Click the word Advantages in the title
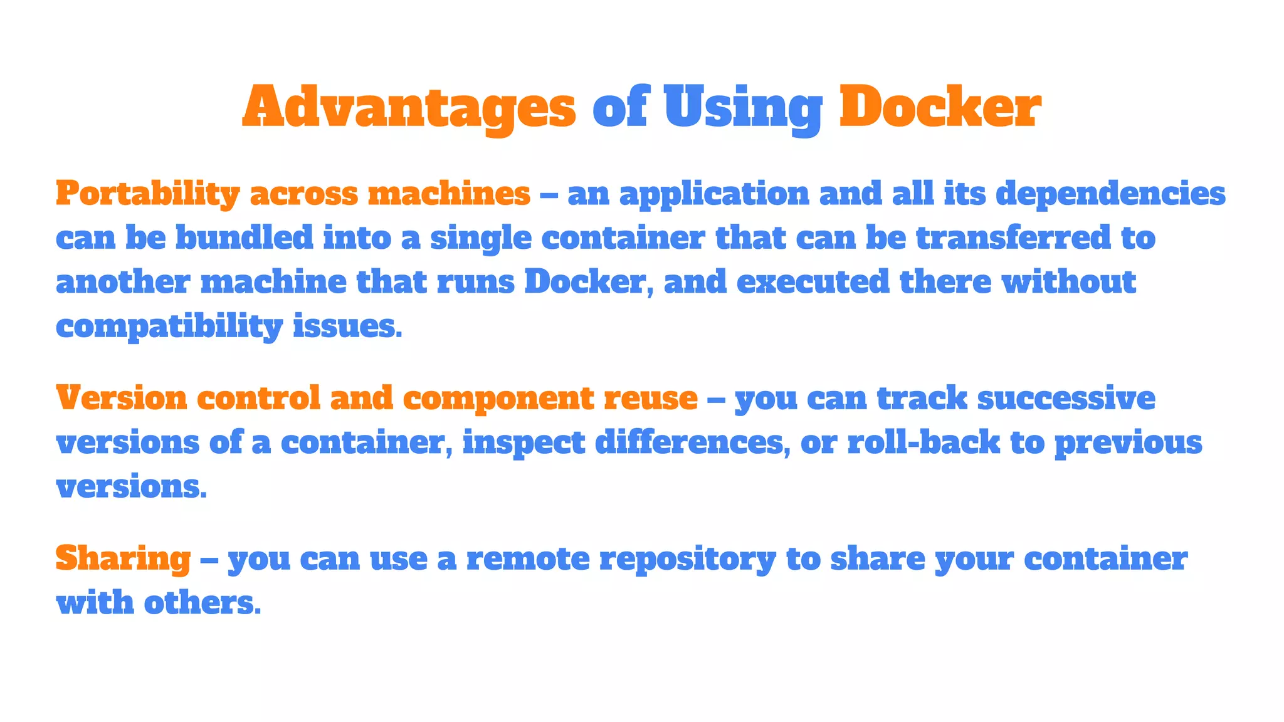[409, 107]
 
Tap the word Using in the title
[743, 107]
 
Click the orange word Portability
[147, 194]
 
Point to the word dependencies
[1110, 194]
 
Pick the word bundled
[244, 238]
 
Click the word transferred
[1013, 238]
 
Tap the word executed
[813, 281]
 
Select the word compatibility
[169, 327]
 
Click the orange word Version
[122, 398]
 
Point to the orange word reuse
[650, 398]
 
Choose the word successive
[1066, 398]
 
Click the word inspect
[524, 443]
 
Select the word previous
[1128, 443]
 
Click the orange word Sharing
[123, 558]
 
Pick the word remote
[528, 558]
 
